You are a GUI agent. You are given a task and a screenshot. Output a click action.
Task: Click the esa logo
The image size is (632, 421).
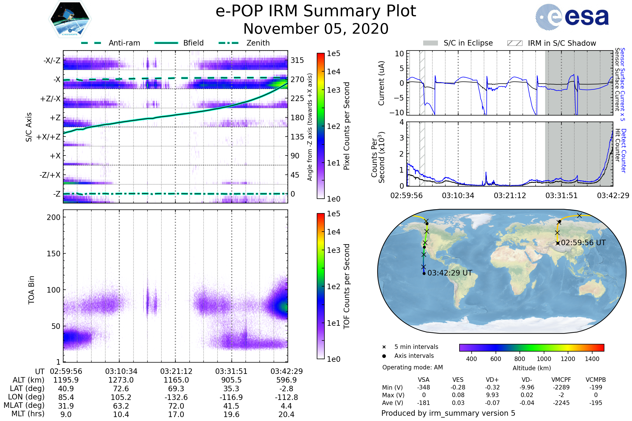point(572,17)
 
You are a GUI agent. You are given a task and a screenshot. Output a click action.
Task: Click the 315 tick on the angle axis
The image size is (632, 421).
point(297,60)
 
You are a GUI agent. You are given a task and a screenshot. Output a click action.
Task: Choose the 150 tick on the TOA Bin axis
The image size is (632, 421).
point(53,254)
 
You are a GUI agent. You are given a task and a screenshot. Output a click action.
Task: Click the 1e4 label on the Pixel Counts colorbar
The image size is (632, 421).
point(333,72)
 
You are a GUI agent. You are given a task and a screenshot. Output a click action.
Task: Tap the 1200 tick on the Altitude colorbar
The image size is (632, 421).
point(568,359)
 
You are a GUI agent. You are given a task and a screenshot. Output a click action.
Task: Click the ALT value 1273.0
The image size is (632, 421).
point(121,380)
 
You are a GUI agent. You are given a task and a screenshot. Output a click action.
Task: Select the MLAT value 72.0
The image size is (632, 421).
point(176,406)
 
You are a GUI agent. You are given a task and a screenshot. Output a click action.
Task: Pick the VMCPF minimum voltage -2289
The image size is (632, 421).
point(561,387)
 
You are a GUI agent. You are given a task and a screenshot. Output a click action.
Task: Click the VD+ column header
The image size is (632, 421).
point(492,380)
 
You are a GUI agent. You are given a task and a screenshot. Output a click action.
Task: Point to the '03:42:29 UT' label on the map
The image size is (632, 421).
point(450,273)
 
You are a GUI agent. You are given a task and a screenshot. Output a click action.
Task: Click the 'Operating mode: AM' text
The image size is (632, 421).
point(412,367)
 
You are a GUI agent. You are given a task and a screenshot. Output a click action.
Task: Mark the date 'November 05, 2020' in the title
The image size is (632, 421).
point(316,29)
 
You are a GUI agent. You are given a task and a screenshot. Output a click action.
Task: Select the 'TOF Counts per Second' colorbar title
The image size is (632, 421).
point(347,286)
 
